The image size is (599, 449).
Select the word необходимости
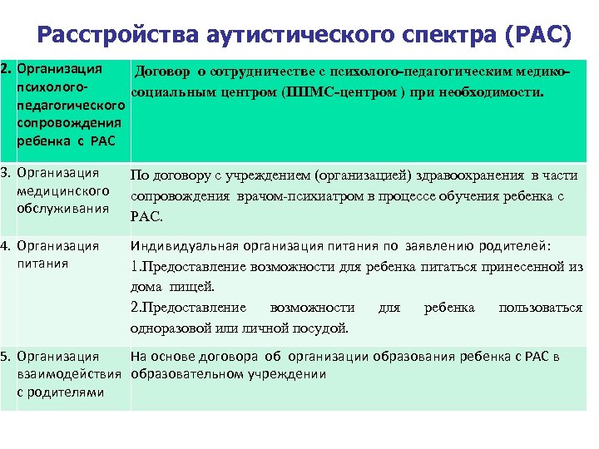[494, 89]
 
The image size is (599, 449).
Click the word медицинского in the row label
[63, 191]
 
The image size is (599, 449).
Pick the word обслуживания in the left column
[62, 208]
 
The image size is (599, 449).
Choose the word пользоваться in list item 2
[540, 308]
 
